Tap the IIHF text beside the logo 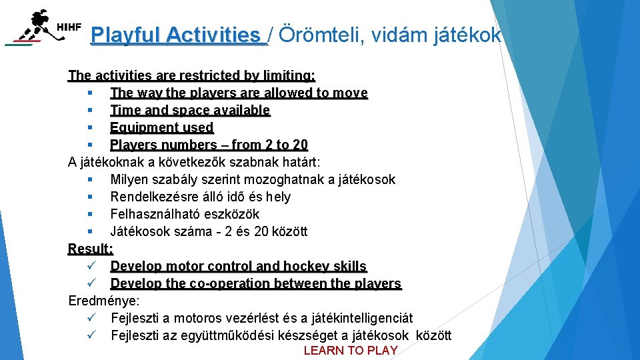(69, 27)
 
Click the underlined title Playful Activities (179, 35)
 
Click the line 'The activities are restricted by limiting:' (192, 75)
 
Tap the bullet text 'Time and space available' (190, 110)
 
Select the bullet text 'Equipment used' (161, 127)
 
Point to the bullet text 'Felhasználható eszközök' (185, 214)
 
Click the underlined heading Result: (91, 249)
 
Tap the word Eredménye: (104, 301)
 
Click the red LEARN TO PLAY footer (350, 351)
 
